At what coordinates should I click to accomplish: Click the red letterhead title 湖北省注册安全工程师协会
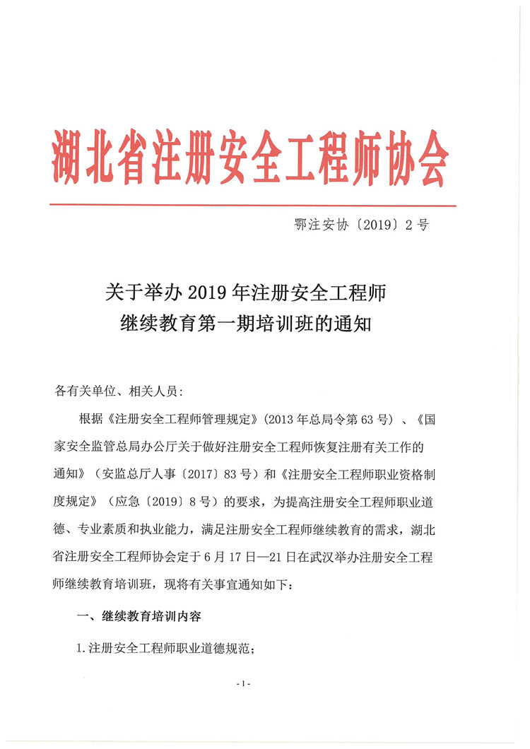click(x=251, y=157)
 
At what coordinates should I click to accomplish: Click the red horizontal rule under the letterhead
click(x=253, y=206)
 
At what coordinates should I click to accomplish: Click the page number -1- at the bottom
click(x=245, y=684)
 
